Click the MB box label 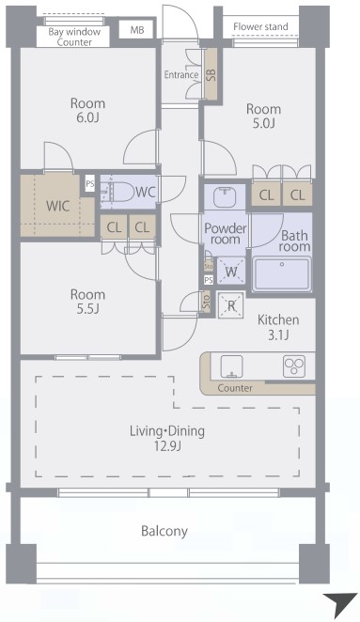coord(137,30)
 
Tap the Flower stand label coord(260,26)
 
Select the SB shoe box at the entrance coord(211,74)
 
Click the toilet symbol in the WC coord(117,192)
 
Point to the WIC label coord(58,206)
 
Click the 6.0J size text coord(87,117)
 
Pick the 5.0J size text coord(263,123)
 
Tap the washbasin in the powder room coord(225,196)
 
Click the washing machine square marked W coord(231,272)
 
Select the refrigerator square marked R coord(231,305)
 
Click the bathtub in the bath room coord(282,273)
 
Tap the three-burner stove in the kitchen coord(293,366)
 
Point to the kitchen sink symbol coord(231,366)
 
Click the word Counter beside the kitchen coord(235,387)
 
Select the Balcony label coord(164,531)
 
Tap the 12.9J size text coord(167,446)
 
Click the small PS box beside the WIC coord(90,183)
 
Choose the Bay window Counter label coord(74,37)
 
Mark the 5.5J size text coord(87,308)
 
